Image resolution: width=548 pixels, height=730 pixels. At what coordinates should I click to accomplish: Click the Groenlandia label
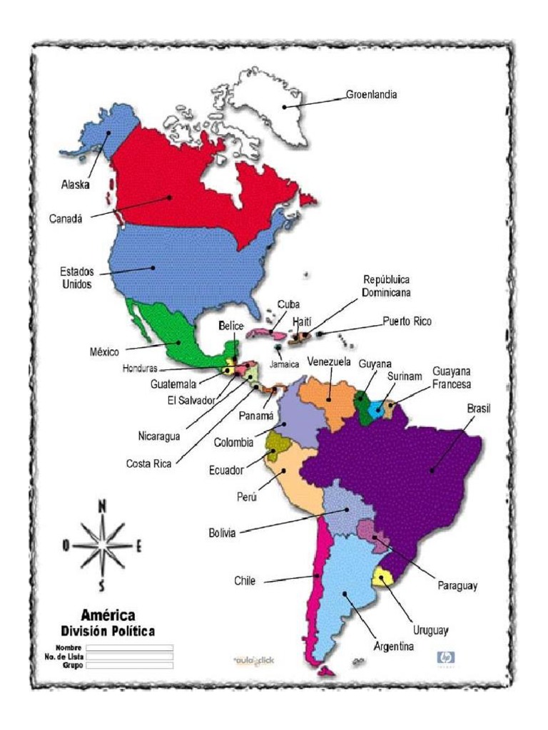pyautogui.click(x=371, y=94)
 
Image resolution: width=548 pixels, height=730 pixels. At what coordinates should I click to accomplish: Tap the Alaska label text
pyautogui.click(x=75, y=184)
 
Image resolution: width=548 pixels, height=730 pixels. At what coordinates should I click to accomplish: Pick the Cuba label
pyautogui.click(x=288, y=304)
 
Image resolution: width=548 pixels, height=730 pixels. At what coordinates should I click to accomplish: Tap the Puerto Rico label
pyautogui.click(x=406, y=322)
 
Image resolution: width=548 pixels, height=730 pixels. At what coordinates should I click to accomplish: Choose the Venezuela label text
pyautogui.click(x=330, y=361)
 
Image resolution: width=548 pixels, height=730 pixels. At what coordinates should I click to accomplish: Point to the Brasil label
pyautogui.click(x=479, y=408)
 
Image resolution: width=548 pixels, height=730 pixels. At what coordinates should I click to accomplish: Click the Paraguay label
pyautogui.click(x=457, y=586)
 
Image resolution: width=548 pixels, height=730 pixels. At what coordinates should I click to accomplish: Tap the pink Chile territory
pyautogui.click(x=318, y=585)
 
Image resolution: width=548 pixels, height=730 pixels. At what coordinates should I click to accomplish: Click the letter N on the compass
pyautogui.click(x=102, y=506)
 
